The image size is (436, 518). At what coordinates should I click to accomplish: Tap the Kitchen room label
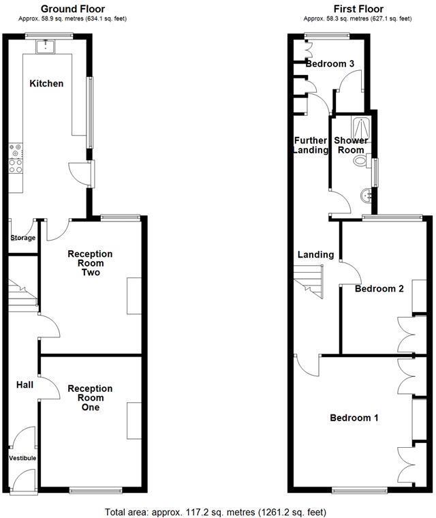point(46,84)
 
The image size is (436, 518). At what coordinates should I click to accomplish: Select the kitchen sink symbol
point(46,46)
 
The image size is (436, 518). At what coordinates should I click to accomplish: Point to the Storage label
point(22,238)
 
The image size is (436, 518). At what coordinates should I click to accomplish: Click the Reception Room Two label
point(90,263)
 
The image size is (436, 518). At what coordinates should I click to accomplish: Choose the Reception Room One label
point(90,398)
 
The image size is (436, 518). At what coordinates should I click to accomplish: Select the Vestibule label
point(22,458)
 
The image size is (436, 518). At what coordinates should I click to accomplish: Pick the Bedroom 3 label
point(330,63)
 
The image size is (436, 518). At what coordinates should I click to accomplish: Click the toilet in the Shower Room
point(360,161)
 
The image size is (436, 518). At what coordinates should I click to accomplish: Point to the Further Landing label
point(311,145)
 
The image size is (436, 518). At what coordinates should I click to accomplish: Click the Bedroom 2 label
point(379,288)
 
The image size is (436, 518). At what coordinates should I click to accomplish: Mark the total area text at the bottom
point(219,511)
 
